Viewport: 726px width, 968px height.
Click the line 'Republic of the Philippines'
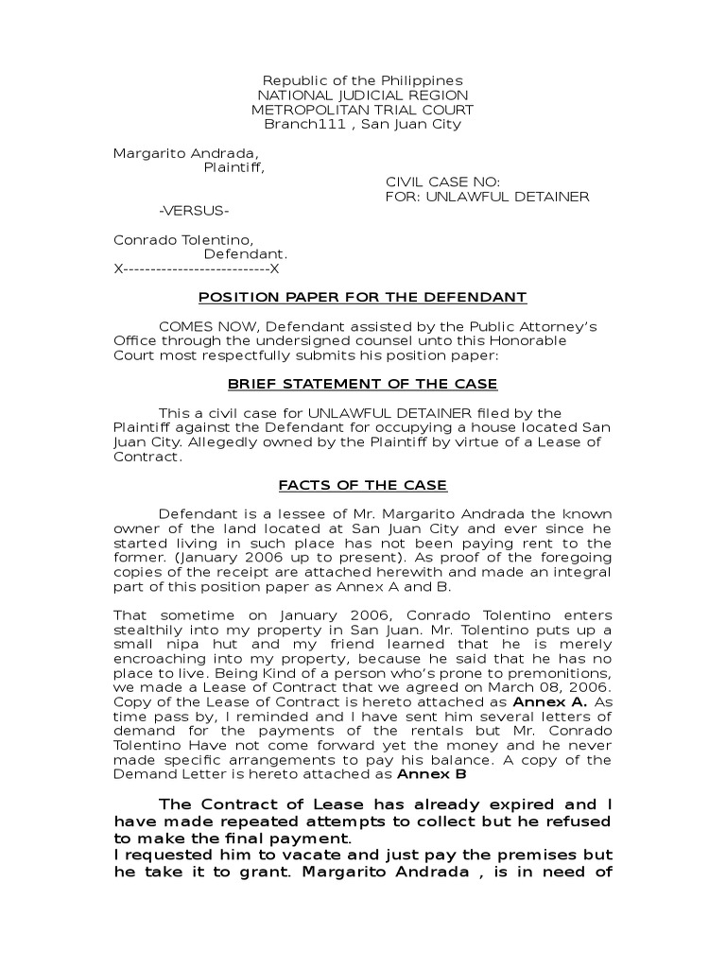click(x=362, y=80)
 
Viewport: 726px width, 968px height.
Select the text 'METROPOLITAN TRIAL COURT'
click(x=362, y=110)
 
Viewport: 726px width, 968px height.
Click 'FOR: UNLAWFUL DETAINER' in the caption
click(x=487, y=197)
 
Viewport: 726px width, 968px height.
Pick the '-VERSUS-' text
click(x=193, y=211)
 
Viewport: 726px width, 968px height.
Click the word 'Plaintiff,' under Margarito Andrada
click(x=234, y=167)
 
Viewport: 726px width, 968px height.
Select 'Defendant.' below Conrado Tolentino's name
click(x=246, y=254)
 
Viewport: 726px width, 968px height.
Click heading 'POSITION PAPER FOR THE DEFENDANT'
click(x=362, y=298)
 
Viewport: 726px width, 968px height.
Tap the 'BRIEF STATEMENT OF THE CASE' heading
click(x=362, y=384)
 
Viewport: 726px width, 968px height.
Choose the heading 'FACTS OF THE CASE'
click(x=362, y=485)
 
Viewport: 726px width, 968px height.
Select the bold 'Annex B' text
click(x=432, y=774)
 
